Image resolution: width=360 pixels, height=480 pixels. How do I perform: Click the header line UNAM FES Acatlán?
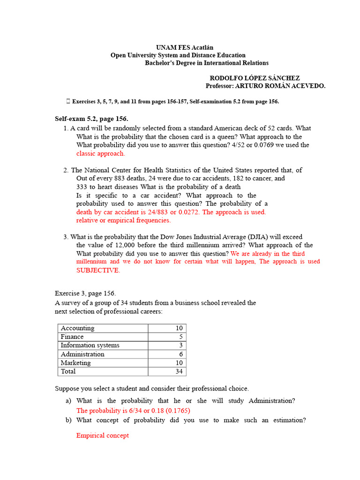click(x=181, y=48)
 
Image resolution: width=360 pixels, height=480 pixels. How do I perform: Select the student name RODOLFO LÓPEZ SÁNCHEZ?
click(x=255, y=78)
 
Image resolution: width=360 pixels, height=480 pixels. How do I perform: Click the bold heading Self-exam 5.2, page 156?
click(x=91, y=119)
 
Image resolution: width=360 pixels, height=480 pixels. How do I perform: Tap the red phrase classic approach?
click(x=101, y=154)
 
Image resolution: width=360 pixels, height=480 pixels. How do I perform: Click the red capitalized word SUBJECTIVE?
click(x=98, y=270)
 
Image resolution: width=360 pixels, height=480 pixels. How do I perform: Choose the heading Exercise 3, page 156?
click(x=85, y=293)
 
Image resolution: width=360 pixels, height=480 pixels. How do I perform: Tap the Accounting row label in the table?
click(x=77, y=328)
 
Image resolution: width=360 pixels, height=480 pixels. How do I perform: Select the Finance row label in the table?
click(x=72, y=337)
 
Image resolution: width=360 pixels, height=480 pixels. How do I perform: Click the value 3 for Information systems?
click(x=181, y=345)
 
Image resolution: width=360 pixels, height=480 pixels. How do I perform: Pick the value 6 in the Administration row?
click(x=181, y=354)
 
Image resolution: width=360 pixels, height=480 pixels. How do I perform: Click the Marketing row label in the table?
click(x=75, y=363)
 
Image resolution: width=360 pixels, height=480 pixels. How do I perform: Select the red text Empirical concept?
click(x=102, y=435)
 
